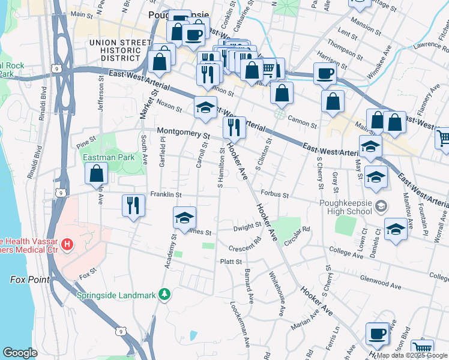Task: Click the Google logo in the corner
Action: point(20,352)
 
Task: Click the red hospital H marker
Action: point(67,245)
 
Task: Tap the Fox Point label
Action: point(28,280)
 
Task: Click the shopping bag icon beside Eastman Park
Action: point(97,174)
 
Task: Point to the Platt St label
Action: point(231,262)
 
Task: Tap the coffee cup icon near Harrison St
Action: point(325,73)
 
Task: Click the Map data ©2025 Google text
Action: point(411,355)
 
